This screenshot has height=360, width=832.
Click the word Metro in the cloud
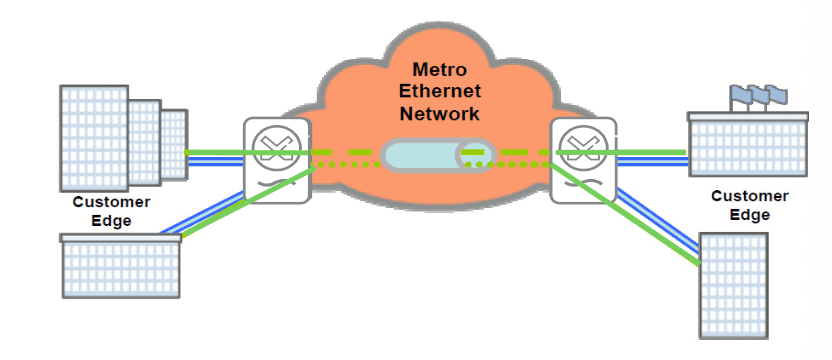click(440, 70)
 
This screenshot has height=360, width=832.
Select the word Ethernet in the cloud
click(440, 91)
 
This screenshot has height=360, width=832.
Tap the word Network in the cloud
click(440, 114)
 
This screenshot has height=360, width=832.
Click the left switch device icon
click(276, 160)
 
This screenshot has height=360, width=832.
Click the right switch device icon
click(583, 160)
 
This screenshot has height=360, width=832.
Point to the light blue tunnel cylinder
click(439, 155)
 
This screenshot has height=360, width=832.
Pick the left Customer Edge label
click(111, 211)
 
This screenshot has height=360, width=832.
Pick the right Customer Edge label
click(749, 205)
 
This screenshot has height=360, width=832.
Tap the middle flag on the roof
click(757, 95)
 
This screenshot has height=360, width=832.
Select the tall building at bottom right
click(733, 286)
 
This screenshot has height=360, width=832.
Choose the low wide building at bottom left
click(121, 265)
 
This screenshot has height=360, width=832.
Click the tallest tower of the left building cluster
click(94, 138)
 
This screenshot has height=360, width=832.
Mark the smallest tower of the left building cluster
click(174, 144)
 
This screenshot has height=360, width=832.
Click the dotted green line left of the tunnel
click(348, 165)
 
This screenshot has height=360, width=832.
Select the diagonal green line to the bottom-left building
click(248, 201)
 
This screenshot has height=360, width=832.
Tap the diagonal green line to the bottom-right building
click(625, 214)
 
